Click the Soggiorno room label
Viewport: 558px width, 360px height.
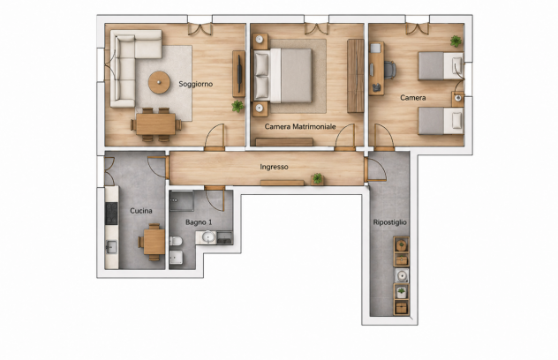point(196,84)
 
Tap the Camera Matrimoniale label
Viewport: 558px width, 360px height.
point(300,127)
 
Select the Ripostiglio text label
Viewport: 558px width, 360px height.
point(389,222)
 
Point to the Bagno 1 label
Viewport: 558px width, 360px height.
point(199,222)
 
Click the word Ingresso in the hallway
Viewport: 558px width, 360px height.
point(274,167)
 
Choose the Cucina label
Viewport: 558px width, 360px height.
point(141,211)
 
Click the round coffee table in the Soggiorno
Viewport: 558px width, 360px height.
point(159,82)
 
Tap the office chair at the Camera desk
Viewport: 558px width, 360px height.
point(390,70)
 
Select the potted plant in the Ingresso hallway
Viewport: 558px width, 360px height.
point(318,178)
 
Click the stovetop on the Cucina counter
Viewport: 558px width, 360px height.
point(111,213)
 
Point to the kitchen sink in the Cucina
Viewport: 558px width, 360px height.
point(111,247)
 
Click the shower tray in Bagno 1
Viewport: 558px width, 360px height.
point(182,201)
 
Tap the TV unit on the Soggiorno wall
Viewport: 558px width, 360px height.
point(238,74)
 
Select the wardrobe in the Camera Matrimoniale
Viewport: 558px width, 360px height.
point(356,76)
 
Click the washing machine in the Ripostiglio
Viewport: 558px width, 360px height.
point(402,275)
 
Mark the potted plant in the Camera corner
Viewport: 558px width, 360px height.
point(456,41)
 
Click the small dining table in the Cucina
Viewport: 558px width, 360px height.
point(155,242)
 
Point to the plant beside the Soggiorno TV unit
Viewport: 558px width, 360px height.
point(238,106)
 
